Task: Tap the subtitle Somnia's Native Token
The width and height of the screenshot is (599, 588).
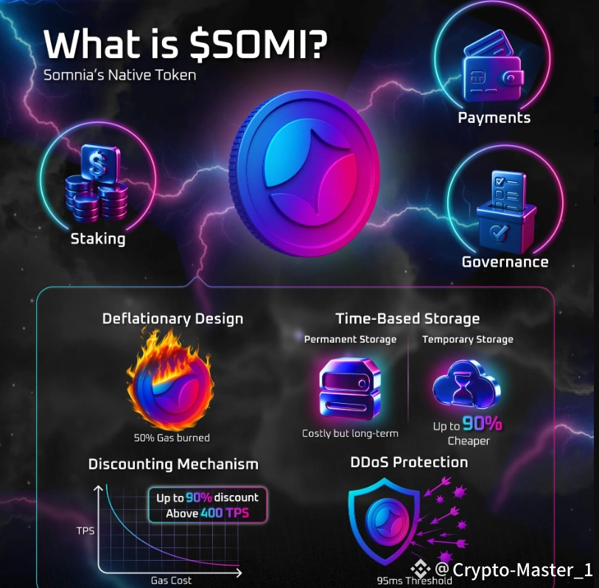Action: pyautogui.click(x=119, y=75)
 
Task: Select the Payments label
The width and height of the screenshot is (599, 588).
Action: pyautogui.click(x=494, y=118)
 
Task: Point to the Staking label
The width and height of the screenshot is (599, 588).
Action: pyautogui.click(x=98, y=239)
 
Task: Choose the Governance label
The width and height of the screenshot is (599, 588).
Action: pyautogui.click(x=505, y=262)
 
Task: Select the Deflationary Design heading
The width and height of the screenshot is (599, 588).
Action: pyautogui.click(x=172, y=319)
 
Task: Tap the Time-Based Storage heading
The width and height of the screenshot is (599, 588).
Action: pyautogui.click(x=407, y=318)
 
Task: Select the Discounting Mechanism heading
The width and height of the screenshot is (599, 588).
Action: pyautogui.click(x=173, y=464)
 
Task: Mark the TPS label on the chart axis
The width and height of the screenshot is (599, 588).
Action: pyautogui.click(x=85, y=531)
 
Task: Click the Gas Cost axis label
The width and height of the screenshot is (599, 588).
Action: pyautogui.click(x=171, y=580)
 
